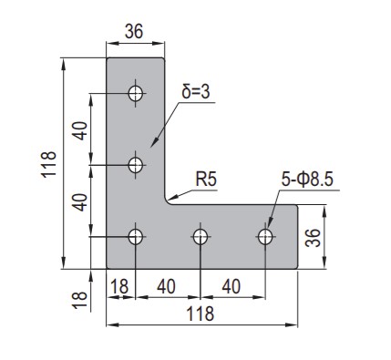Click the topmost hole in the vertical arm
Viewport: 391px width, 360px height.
click(x=136, y=93)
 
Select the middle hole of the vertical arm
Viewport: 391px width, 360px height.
click(x=136, y=165)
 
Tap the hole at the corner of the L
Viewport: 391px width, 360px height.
click(x=136, y=237)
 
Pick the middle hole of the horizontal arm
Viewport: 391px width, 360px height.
click(x=201, y=237)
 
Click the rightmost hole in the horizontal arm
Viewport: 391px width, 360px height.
click(x=265, y=237)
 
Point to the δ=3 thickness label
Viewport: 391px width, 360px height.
click(x=196, y=92)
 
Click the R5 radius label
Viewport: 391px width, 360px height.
click(x=206, y=179)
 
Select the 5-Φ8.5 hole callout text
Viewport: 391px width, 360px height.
click(x=307, y=180)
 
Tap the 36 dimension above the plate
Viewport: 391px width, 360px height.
click(x=134, y=31)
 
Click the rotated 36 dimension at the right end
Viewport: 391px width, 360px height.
click(x=313, y=238)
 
